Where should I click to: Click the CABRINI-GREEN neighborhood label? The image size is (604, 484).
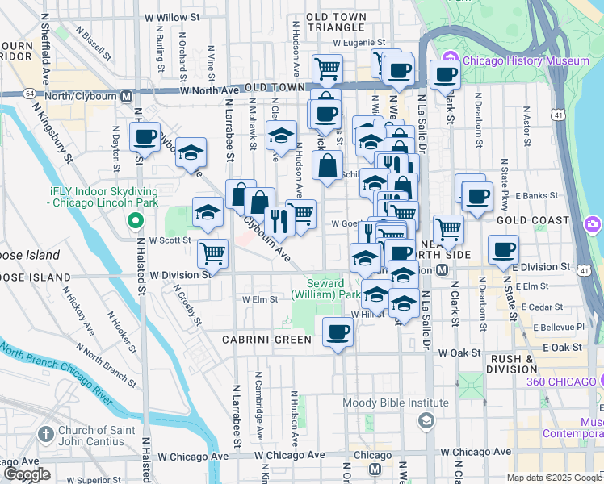click(267, 340)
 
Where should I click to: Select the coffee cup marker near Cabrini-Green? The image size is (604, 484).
click(338, 331)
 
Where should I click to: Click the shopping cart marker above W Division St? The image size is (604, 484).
click(213, 253)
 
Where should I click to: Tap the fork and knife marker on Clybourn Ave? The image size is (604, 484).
click(279, 220)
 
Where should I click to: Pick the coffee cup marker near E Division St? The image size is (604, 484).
click(503, 249)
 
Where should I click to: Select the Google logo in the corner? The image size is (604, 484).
click(26, 474)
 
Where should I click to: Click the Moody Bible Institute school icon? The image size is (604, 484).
click(426, 421)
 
